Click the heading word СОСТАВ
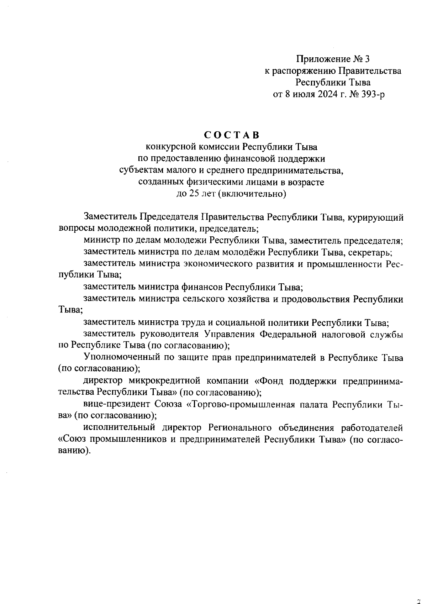click(x=232, y=135)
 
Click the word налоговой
click(x=343, y=334)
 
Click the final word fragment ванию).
click(x=73, y=451)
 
